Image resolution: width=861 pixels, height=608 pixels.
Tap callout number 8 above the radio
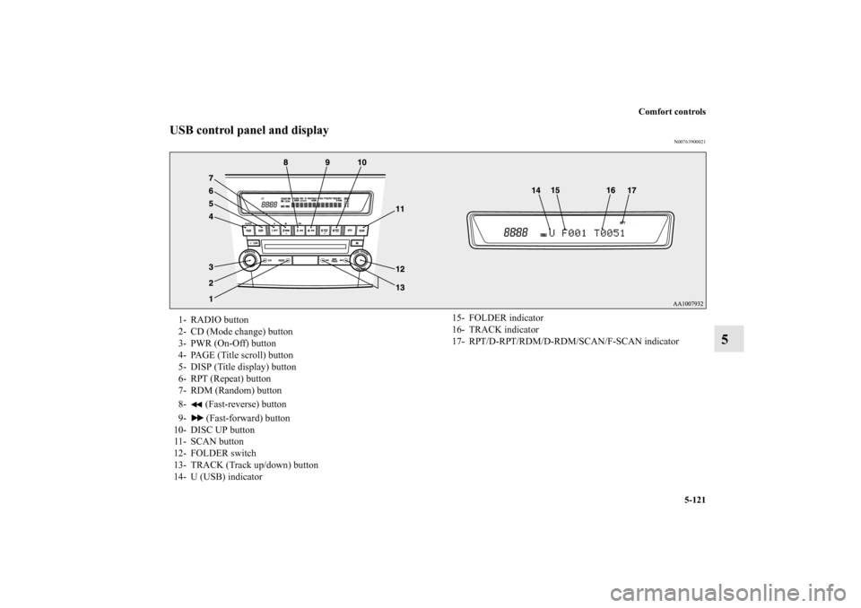click(285, 162)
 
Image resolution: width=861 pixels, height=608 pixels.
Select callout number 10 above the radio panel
click(361, 162)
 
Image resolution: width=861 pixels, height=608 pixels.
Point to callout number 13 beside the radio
click(399, 287)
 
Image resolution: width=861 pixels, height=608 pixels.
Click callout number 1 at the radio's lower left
click(210, 297)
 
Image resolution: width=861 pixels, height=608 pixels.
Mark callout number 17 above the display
click(631, 191)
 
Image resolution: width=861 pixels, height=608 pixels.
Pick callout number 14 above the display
click(535, 191)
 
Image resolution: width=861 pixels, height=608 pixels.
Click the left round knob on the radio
click(248, 261)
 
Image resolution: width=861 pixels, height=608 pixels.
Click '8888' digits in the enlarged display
click(516, 232)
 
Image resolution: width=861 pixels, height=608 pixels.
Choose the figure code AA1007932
click(688, 303)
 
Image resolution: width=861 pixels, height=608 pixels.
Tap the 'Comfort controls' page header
click(674, 112)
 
